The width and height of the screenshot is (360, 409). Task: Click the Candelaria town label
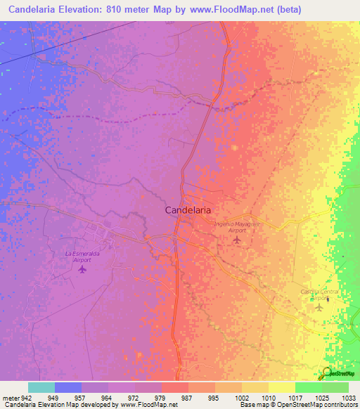pyautogui.click(x=188, y=209)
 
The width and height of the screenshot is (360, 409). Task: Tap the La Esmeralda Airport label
pyautogui.click(x=78, y=257)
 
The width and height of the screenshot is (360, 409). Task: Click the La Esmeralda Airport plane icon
pyautogui.click(x=83, y=268)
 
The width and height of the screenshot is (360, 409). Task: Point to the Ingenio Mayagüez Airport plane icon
pyautogui.click(x=237, y=240)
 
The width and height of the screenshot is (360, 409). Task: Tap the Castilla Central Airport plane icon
pyautogui.click(x=319, y=306)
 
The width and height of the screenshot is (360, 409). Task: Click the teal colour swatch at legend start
pyautogui.click(x=41, y=387)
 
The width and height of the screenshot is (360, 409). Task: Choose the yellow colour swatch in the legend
pyautogui.click(x=281, y=387)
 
